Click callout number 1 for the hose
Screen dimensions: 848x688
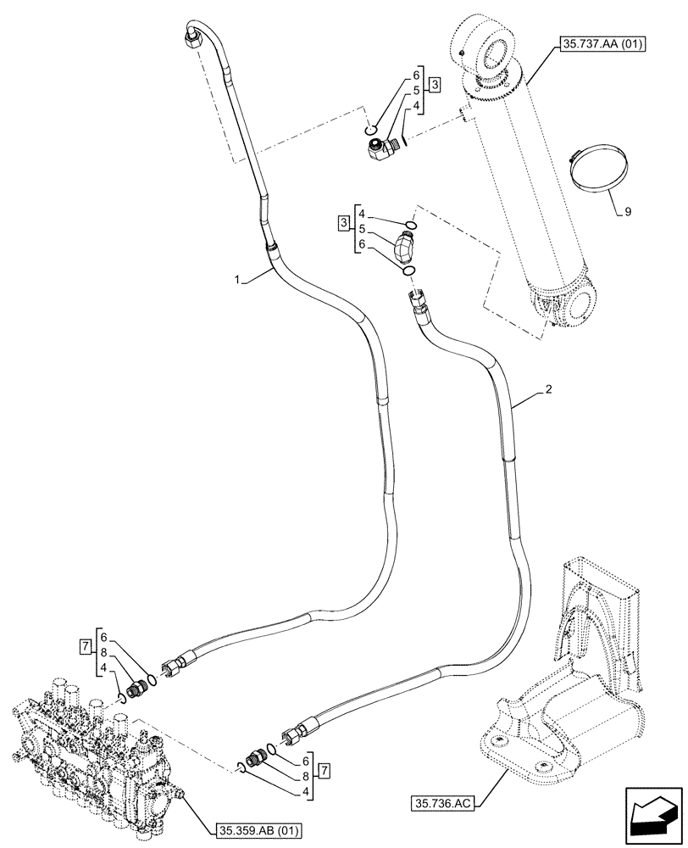click(x=241, y=279)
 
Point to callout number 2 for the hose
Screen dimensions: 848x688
click(x=549, y=389)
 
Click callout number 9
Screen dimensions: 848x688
click(x=628, y=212)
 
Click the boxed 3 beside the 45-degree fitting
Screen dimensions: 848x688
click(x=342, y=224)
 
